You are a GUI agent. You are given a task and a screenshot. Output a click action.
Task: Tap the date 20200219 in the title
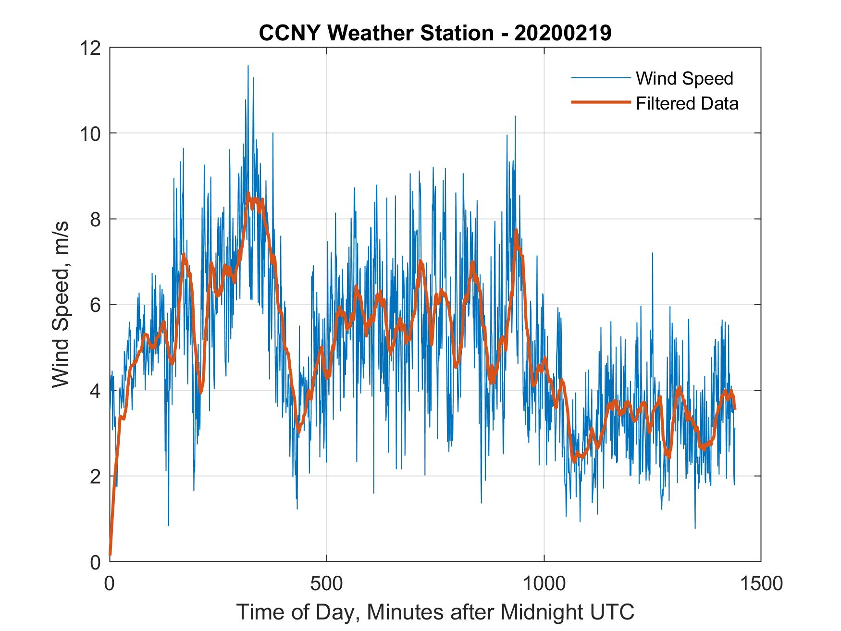point(563,33)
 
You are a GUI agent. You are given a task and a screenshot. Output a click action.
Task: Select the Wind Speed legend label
point(684,78)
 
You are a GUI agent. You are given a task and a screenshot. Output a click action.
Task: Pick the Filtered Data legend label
point(687,103)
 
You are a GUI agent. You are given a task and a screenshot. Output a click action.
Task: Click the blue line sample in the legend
point(600,78)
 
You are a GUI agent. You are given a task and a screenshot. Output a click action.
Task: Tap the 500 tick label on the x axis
point(326,583)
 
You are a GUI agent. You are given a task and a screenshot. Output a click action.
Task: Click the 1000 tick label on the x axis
point(544,583)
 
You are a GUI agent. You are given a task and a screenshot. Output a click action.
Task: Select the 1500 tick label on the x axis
point(761,583)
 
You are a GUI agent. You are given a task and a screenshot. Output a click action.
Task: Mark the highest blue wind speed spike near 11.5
point(248,66)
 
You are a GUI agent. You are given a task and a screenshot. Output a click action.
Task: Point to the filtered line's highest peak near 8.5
point(248,193)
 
